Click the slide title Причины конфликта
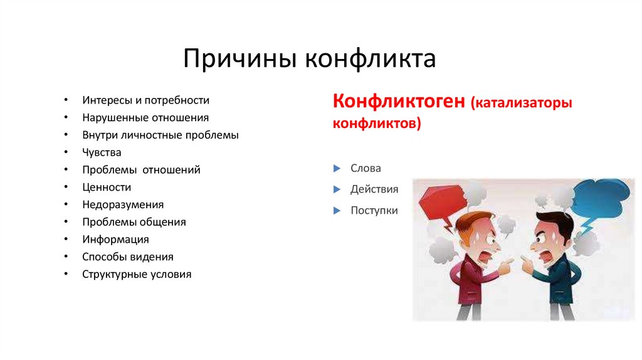point(309,60)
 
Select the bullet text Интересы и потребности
point(145,100)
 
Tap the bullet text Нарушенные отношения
point(145,118)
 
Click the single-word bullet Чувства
point(102,152)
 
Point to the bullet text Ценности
point(107,187)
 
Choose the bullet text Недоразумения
point(123,204)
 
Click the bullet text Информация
point(115,240)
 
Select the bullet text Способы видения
point(128,257)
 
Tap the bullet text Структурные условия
point(137,274)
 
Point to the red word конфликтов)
point(377,124)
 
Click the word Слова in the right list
point(366,169)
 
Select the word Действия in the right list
point(374,189)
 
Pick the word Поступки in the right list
point(374,211)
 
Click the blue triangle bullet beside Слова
point(337,169)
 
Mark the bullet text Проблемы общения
point(134,222)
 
